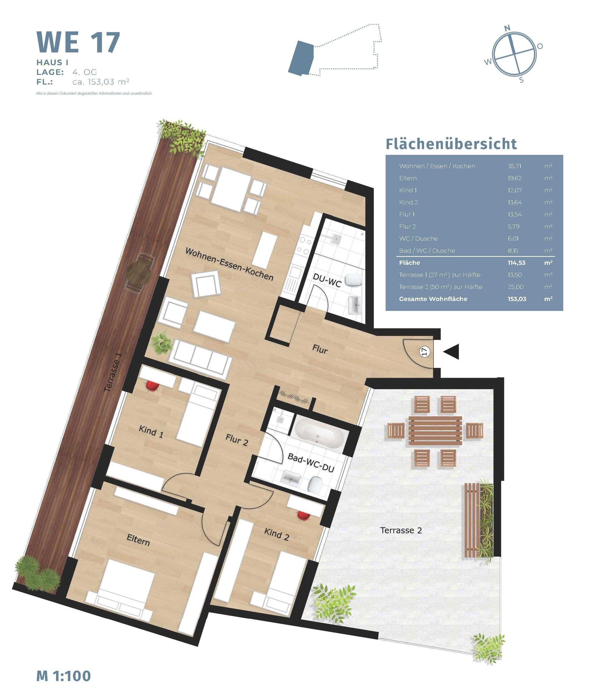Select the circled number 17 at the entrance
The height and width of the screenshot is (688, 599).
click(x=425, y=351)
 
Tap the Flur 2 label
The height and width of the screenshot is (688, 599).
click(x=237, y=440)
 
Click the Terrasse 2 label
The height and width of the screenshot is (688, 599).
click(x=401, y=530)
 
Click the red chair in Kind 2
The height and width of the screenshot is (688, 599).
click(x=304, y=516)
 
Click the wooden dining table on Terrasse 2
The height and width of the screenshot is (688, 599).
click(x=435, y=431)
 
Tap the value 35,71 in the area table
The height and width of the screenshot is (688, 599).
click(x=514, y=166)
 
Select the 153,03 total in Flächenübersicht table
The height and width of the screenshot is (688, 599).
click(x=517, y=299)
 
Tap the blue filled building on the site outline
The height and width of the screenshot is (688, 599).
click(x=301, y=57)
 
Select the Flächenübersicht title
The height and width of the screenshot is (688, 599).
click(x=451, y=144)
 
